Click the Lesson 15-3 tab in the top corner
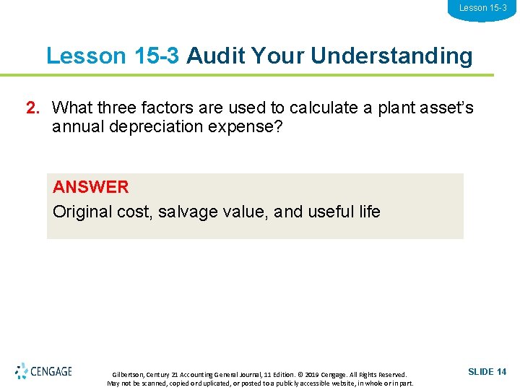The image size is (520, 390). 482,9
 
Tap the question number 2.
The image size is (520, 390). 32,108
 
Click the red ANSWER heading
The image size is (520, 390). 91,187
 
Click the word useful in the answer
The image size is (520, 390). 330,212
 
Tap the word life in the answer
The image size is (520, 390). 369,212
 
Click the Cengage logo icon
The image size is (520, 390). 22,371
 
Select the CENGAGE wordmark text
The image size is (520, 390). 51,372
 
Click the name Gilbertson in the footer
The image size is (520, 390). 128,375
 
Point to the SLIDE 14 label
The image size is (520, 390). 487,372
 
